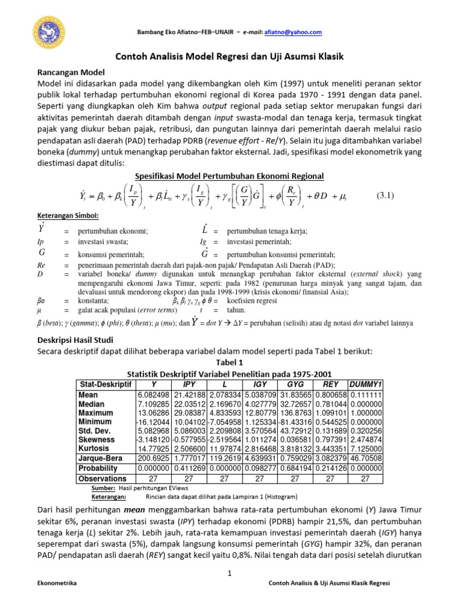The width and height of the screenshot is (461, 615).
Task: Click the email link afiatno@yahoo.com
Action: click(x=295, y=32)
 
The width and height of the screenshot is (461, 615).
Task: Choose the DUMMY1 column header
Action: click(x=366, y=384)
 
